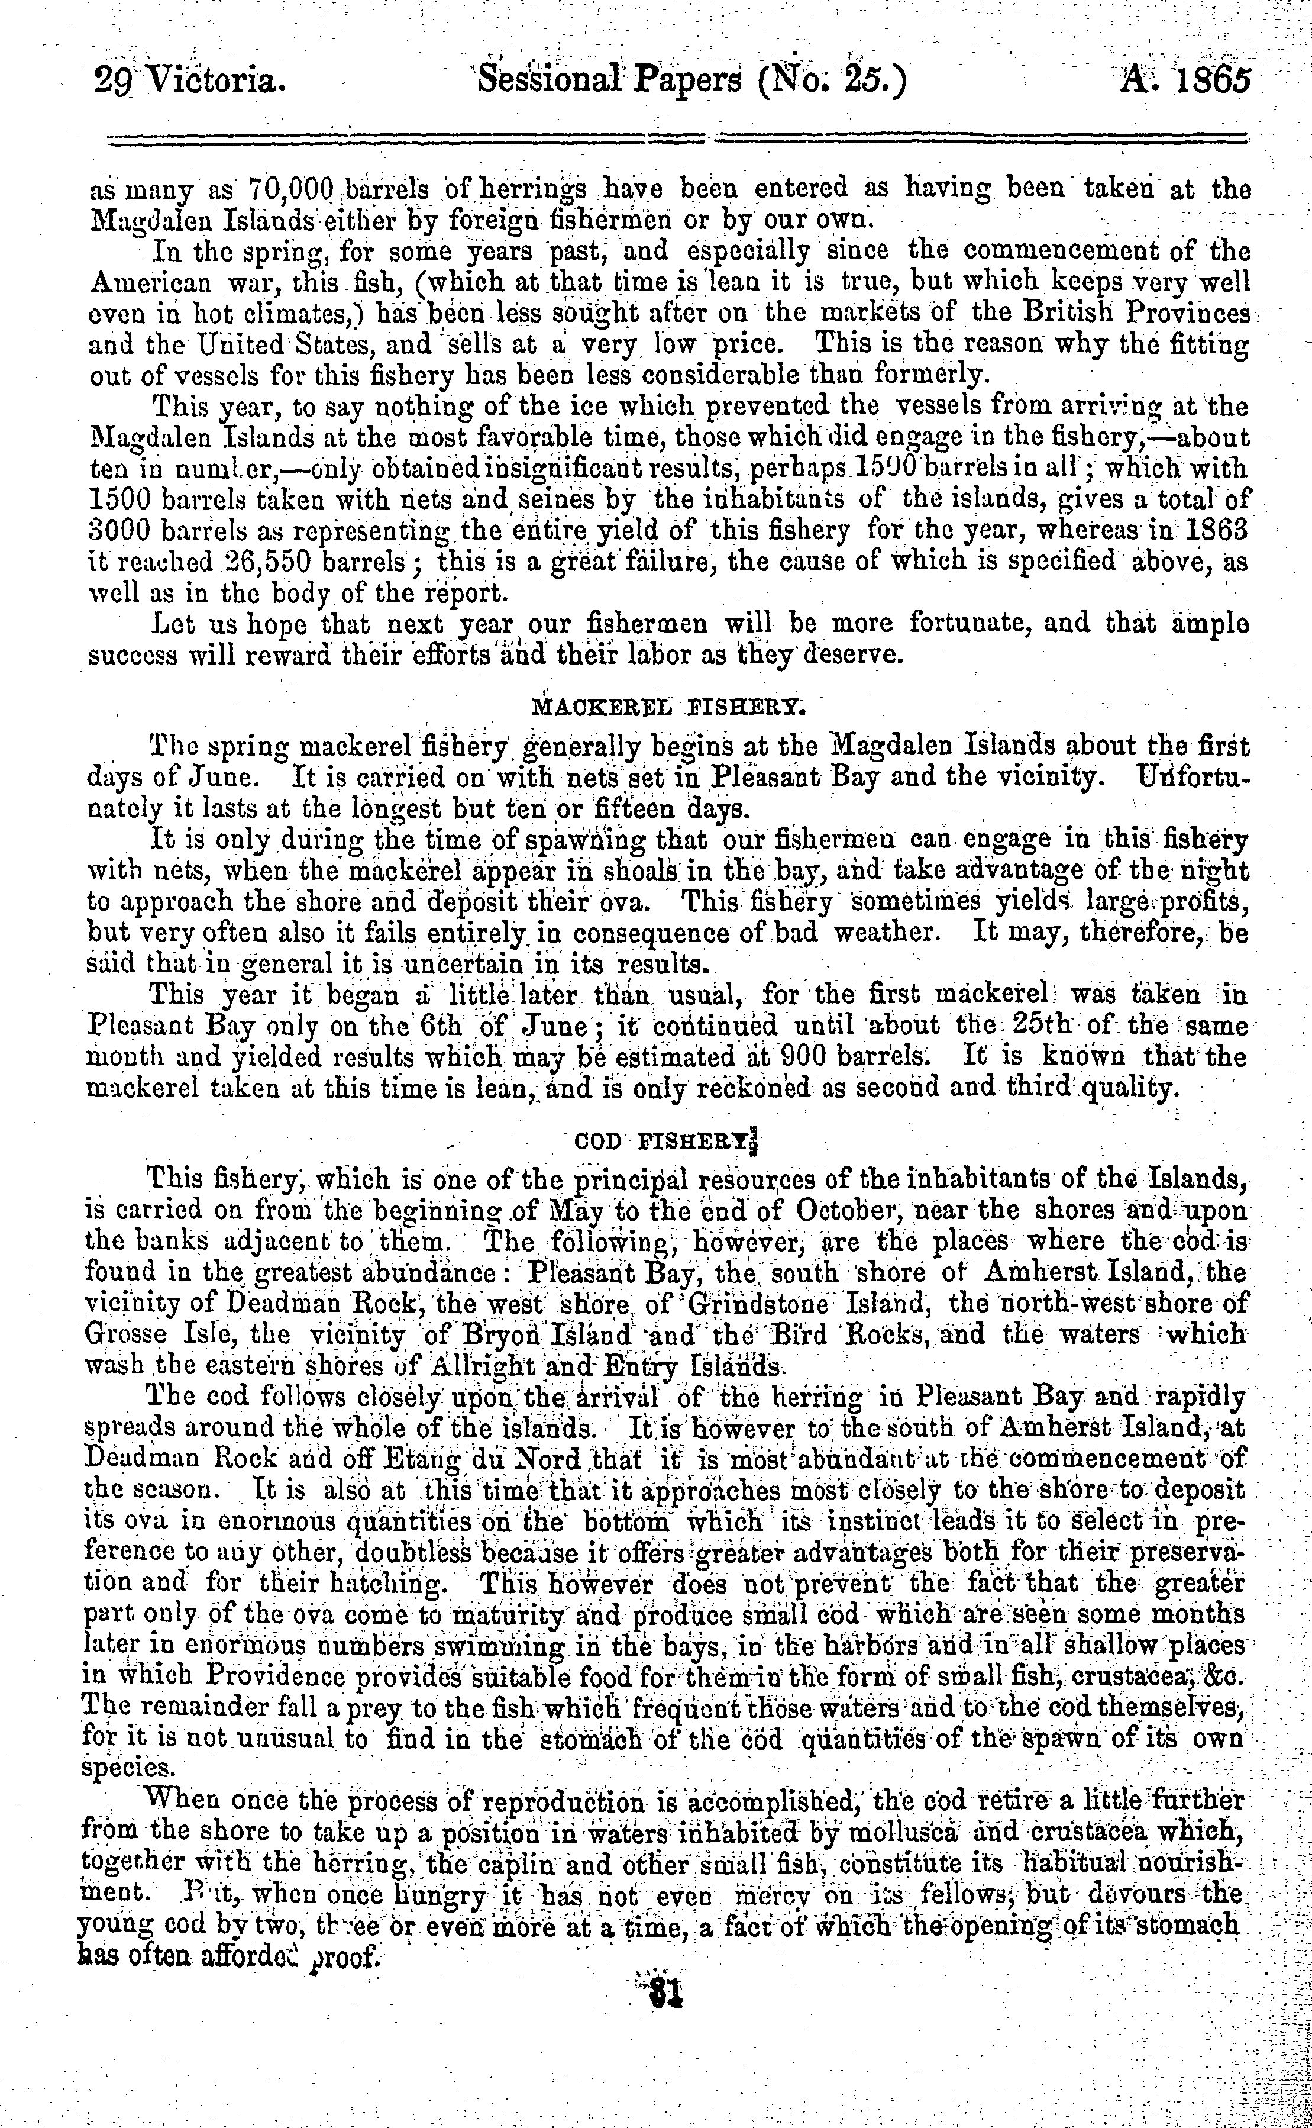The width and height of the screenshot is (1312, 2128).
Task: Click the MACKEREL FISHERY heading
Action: pyautogui.click(x=669, y=705)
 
